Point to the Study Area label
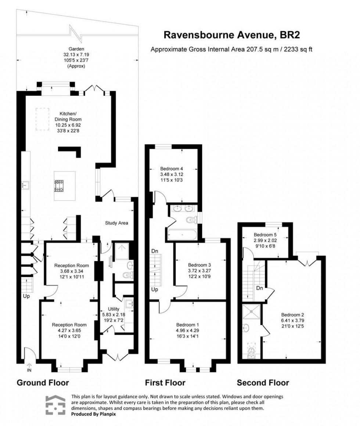(116, 223)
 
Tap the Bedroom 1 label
(188, 325)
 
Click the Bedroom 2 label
(293, 314)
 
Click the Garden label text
(76, 49)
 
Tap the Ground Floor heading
(43, 383)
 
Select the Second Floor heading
(263, 383)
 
